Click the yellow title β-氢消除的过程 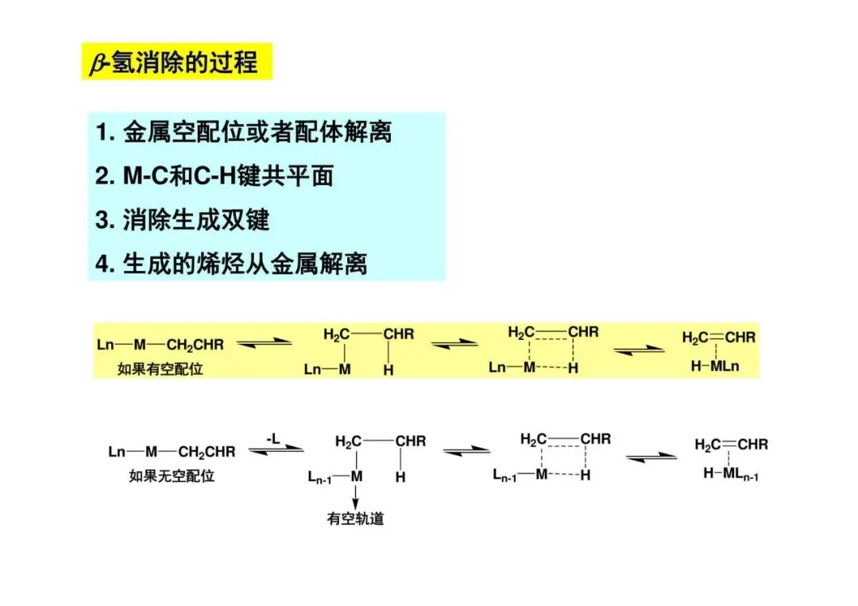coord(176,62)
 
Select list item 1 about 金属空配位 coord(244,133)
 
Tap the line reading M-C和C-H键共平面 coord(214,176)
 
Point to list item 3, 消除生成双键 coord(183,220)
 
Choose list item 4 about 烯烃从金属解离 coord(231,263)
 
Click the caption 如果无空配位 coord(172,477)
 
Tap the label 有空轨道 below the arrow coord(355,519)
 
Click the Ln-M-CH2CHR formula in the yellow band coord(160,345)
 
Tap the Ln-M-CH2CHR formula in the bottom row coord(172,452)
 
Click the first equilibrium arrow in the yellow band coord(260,344)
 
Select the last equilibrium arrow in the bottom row coord(651,457)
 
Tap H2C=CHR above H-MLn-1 coord(732,445)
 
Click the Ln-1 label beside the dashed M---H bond coord(506,475)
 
